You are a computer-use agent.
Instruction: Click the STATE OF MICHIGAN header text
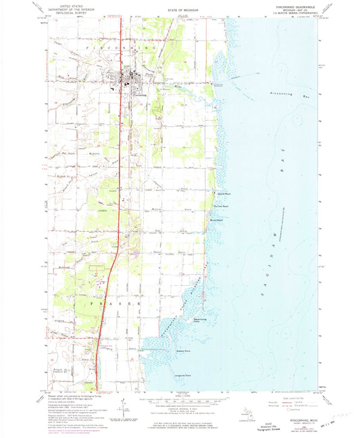[179, 11]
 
